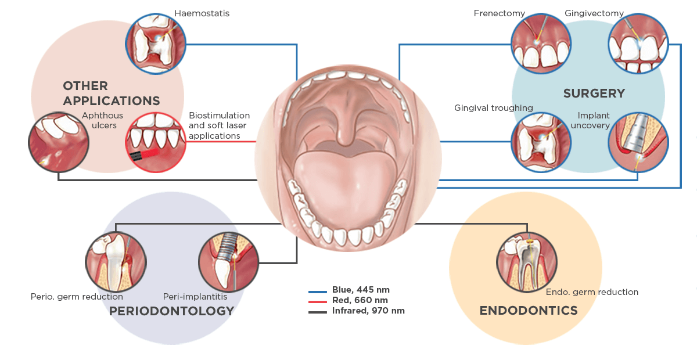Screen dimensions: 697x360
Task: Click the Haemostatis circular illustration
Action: coord(156,44)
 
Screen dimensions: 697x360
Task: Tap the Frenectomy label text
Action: coord(499,13)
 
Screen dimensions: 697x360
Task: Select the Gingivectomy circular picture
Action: coord(638,44)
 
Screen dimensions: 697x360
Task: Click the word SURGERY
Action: coord(594,93)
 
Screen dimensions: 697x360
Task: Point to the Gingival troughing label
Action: coord(494,108)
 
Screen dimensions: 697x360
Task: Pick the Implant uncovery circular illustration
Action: coord(638,142)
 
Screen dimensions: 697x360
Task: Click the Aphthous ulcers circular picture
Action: coord(59,142)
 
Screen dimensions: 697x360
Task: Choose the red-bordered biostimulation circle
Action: coord(156,142)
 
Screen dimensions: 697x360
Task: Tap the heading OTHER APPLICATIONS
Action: coord(112,93)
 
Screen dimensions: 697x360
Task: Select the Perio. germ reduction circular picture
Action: coord(116,262)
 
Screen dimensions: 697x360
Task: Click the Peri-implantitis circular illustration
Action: coord(229,262)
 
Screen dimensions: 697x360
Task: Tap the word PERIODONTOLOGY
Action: coord(171,311)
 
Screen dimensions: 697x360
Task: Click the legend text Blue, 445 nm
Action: coord(361,290)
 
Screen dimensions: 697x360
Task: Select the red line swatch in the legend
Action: coord(317,301)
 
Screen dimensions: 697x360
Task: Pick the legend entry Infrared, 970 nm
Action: coord(357,311)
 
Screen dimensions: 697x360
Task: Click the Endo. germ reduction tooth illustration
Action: coord(527,262)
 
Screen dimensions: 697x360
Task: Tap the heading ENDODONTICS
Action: coord(529,311)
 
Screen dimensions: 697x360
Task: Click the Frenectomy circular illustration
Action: coord(541,44)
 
